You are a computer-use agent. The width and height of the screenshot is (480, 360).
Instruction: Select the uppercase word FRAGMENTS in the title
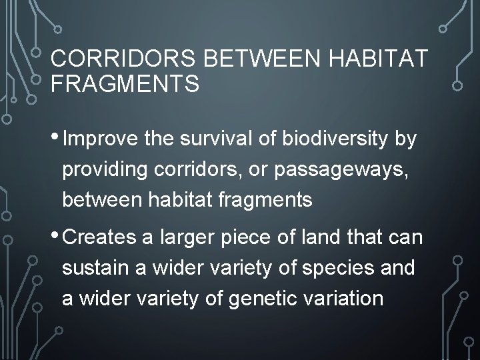(x=125, y=85)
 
